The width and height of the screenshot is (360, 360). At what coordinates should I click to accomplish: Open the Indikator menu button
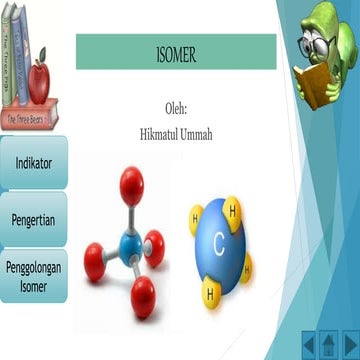coord(33,162)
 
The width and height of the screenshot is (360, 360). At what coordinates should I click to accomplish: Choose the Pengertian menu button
coord(33,219)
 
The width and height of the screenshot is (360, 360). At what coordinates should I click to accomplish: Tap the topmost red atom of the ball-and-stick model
coord(131,182)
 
